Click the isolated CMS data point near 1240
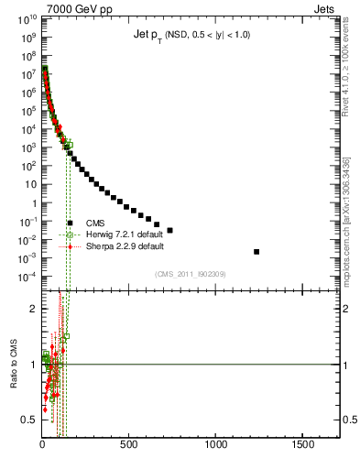(x=256, y=251)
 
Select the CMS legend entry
(x=94, y=223)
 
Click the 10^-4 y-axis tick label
(x=26, y=277)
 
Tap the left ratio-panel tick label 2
(x=32, y=309)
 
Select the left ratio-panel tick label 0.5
(x=28, y=420)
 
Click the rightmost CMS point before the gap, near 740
(x=169, y=230)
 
